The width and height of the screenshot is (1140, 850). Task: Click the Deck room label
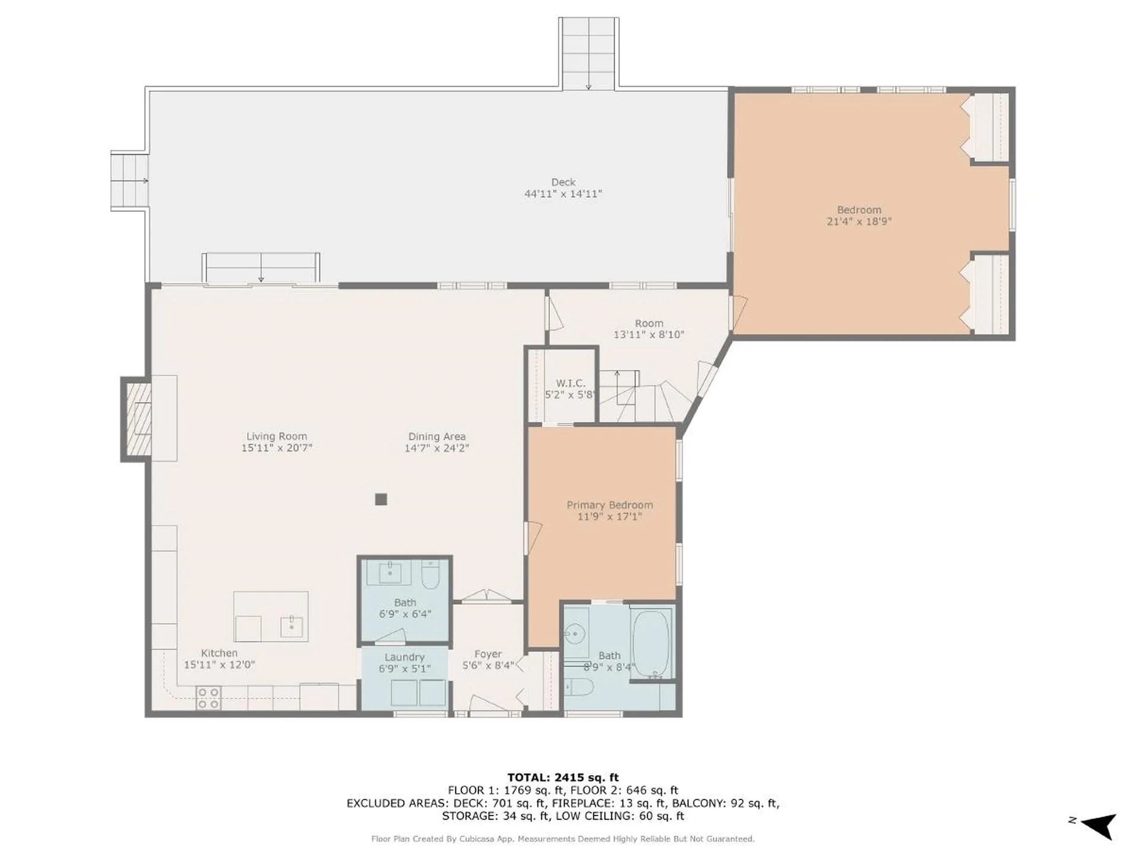[x=563, y=182]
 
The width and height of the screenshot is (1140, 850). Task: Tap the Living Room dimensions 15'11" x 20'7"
[x=277, y=448]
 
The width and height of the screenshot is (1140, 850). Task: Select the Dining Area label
[x=437, y=437]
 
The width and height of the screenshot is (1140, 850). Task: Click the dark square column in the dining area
[x=381, y=500]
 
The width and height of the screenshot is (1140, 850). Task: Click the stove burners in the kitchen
[x=208, y=699]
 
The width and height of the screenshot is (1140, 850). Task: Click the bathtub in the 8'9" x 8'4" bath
[x=651, y=644]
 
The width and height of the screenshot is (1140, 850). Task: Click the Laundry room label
[x=404, y=657]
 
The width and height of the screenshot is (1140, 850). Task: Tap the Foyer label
[x=488, y=654]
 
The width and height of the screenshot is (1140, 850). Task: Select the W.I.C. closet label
[x=571, y=383]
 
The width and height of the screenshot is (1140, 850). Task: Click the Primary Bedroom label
[x=610, y=505]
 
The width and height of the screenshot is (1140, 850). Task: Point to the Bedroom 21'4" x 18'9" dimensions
[x=859, y=222]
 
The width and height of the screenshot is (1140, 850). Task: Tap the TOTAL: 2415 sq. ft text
[x=563, y=777]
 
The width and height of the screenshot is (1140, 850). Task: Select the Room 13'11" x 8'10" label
[x=649, y=329]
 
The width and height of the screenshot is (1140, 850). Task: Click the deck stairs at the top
[x=588, y=53]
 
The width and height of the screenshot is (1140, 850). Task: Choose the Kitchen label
[x=219, y=653]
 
